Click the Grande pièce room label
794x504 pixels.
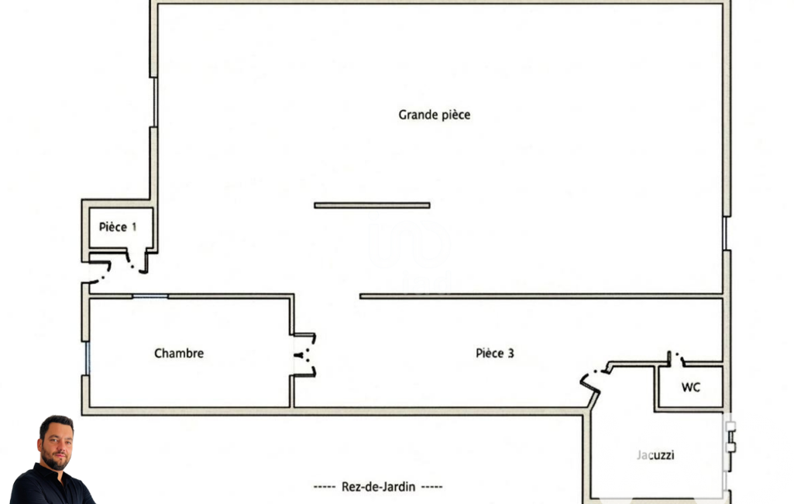[434, 115]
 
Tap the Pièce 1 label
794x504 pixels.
[118, 226]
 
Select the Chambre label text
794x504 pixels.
[179, 353]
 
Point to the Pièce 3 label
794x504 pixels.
[495, 353]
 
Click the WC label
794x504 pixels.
[691, 388]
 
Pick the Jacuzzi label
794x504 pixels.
[655, 455]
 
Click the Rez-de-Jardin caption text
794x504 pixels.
[378, 487]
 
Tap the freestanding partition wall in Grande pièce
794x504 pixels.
[372, 205]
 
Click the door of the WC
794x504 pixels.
[676, 358]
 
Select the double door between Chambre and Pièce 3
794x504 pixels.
[305, 355]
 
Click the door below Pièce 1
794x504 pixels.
[136, 261]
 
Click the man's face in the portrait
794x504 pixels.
[57, 444]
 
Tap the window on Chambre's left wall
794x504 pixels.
[87, 358]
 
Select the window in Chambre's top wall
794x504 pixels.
[150, 296]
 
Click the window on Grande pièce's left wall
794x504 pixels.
[155, 102]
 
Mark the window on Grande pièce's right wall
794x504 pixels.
[726, 233]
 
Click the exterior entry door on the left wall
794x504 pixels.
[98, 271]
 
